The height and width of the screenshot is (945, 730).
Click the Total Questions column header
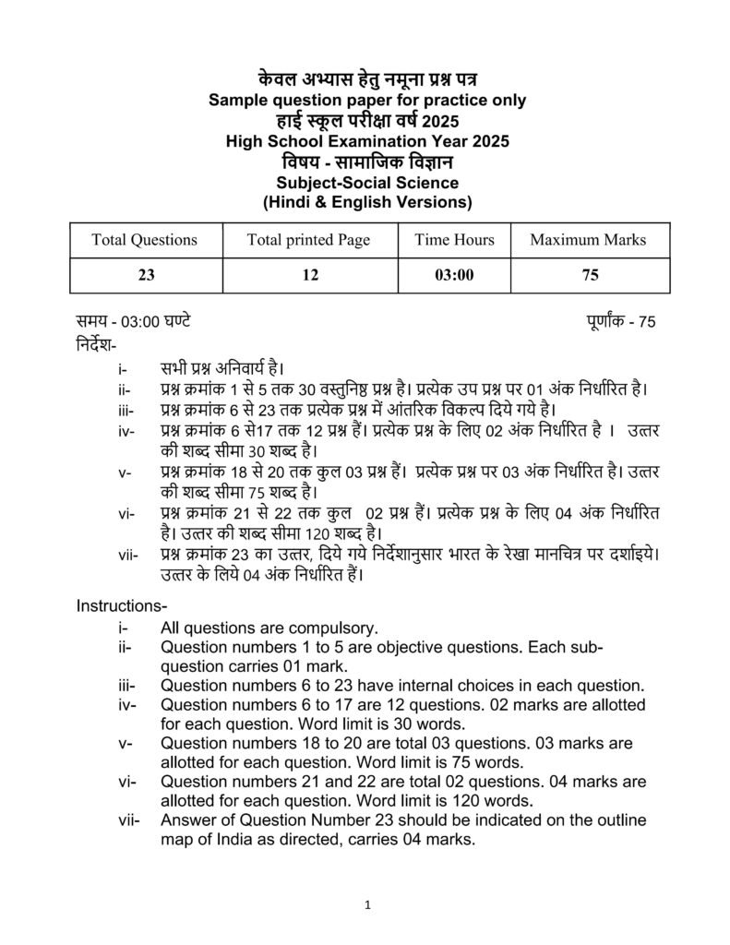[144, 240]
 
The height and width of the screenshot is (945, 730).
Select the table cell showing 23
[144, 276]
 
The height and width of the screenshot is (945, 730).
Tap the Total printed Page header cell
[308, 240]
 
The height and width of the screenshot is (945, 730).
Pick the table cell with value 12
[308, 276]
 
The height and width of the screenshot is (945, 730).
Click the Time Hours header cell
[454, 240]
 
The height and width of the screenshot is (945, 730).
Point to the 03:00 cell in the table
[454, 276]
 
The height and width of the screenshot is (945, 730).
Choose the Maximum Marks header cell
[588, 240]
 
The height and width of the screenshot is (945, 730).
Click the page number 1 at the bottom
[367, 904]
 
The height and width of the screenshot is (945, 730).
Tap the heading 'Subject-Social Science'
[366, 183]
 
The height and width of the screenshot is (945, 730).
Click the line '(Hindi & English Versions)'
[366, 202]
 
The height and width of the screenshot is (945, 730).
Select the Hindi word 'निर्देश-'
[97, 346]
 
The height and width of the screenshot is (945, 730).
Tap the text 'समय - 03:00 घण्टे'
[134, 323]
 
